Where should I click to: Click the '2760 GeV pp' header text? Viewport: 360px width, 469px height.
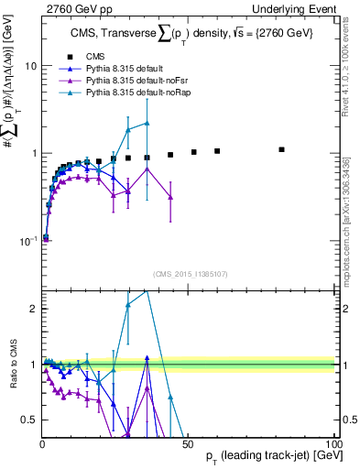tap(72, 8)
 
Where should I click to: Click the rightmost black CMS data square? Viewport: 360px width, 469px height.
tap(282, 149)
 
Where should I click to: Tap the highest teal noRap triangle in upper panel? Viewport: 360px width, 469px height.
tap(147, 123)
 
